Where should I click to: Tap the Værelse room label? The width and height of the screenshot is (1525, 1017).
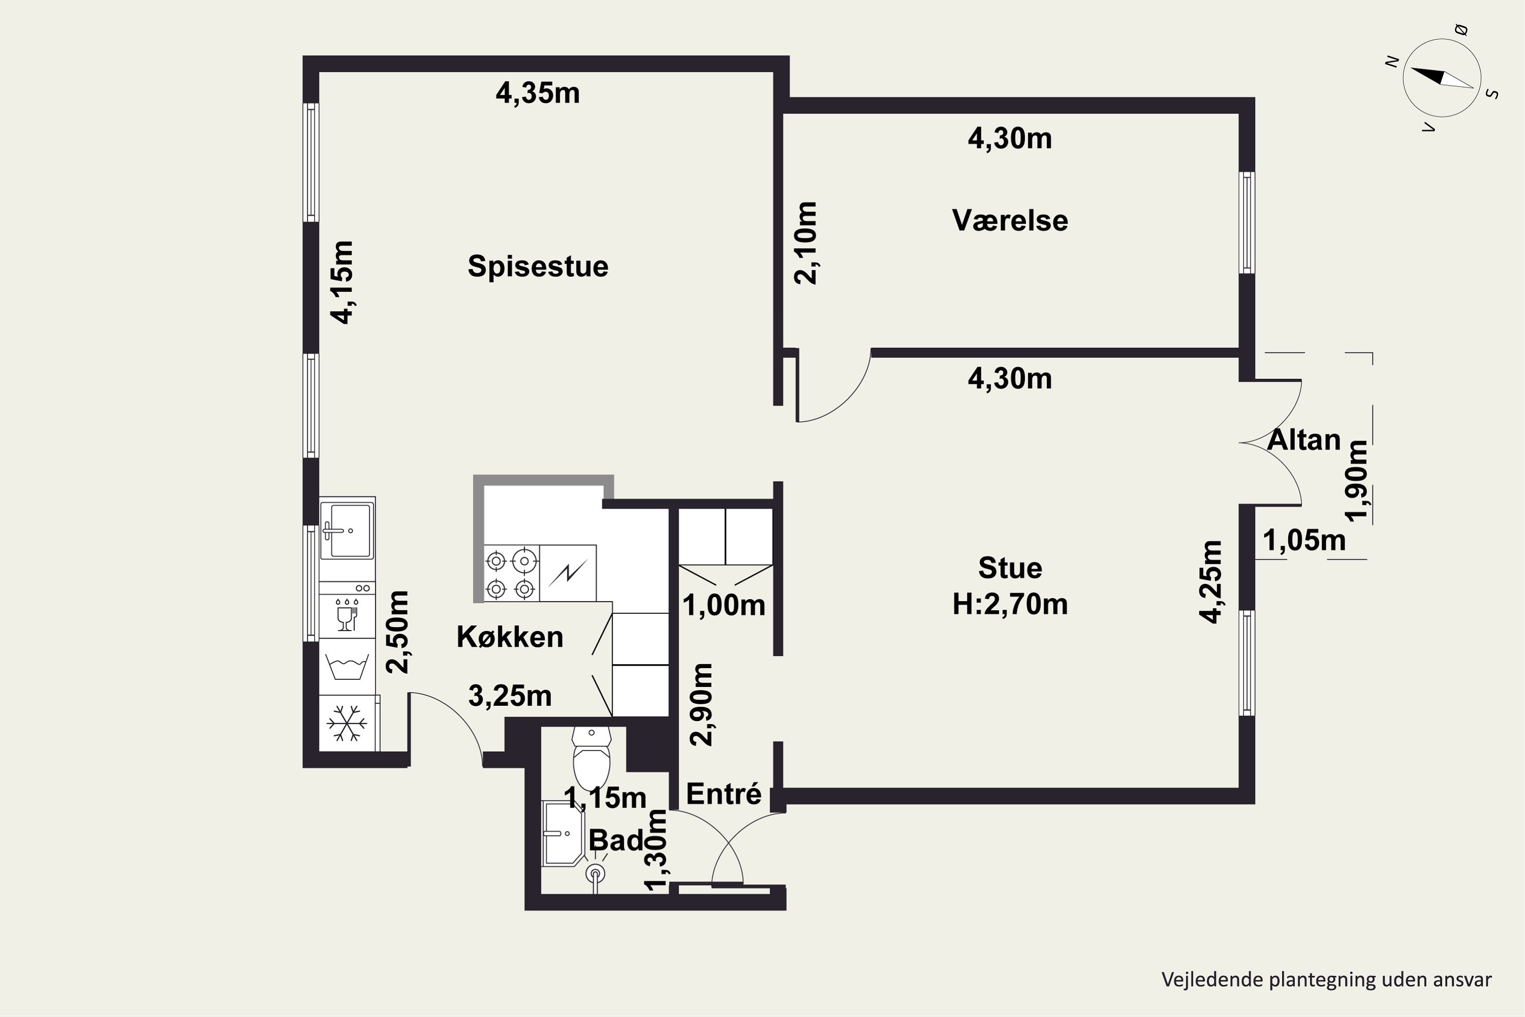(1010, 221)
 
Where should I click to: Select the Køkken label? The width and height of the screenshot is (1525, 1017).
(510, 637)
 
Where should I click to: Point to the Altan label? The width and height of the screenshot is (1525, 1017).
(1304, 440)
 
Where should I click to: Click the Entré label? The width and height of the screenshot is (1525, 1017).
(723, 794)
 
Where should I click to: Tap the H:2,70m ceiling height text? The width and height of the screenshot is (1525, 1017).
(1010, 605)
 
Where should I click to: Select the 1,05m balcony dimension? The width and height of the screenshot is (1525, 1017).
(1304, 540)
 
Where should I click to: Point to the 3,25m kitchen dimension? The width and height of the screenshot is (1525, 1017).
(510, 697)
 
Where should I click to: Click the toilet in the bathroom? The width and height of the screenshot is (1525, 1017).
(591, 757)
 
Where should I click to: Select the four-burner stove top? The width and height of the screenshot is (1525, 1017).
(511, 574)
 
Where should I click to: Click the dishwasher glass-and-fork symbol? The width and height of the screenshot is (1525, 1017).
(347, 614)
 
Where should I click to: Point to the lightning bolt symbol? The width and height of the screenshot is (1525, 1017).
(568, 572)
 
